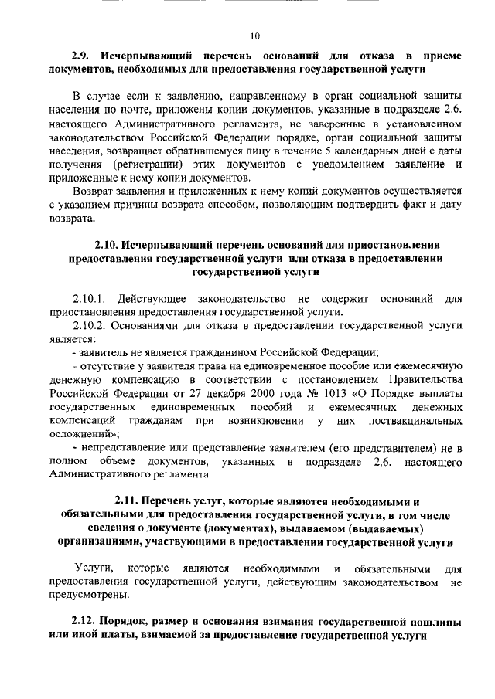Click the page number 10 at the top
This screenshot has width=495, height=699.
point(254,36)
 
